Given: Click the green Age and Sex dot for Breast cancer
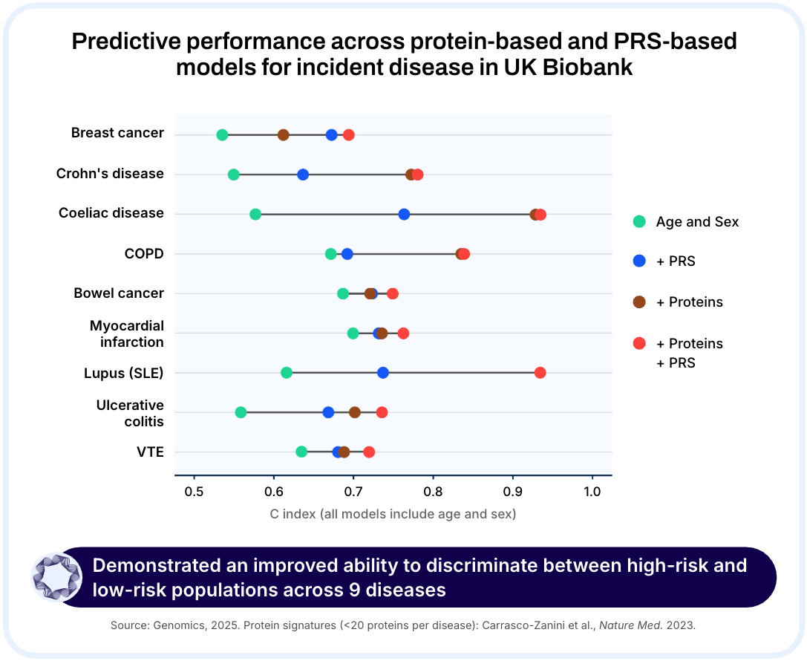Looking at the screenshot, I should [222, 134].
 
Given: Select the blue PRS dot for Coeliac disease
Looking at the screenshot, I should [404, 214].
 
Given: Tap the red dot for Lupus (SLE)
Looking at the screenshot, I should [540, 372].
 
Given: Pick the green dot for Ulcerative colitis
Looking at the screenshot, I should [241, 412].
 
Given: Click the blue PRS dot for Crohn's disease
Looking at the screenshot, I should [303, 175].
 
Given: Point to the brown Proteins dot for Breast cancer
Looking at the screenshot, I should [283, 134].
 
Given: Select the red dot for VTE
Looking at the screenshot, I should [369, 452].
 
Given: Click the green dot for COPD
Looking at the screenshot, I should [331, 254].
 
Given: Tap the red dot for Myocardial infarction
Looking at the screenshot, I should [403, 333].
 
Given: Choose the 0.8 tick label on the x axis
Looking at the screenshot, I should [433, 492].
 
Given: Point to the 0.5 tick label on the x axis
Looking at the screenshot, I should [194, 492].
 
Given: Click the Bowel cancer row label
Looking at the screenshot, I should [119, 293].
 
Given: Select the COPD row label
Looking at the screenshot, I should [144, 254].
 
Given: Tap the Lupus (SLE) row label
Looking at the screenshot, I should [123, 373].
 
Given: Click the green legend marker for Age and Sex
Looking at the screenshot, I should [639, 221].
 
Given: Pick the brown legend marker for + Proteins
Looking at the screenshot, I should [639, 302].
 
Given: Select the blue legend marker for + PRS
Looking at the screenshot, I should [639, 261].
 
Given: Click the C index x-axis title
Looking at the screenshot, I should [393, 513].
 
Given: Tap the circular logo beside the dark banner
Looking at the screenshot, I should [56, 577].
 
